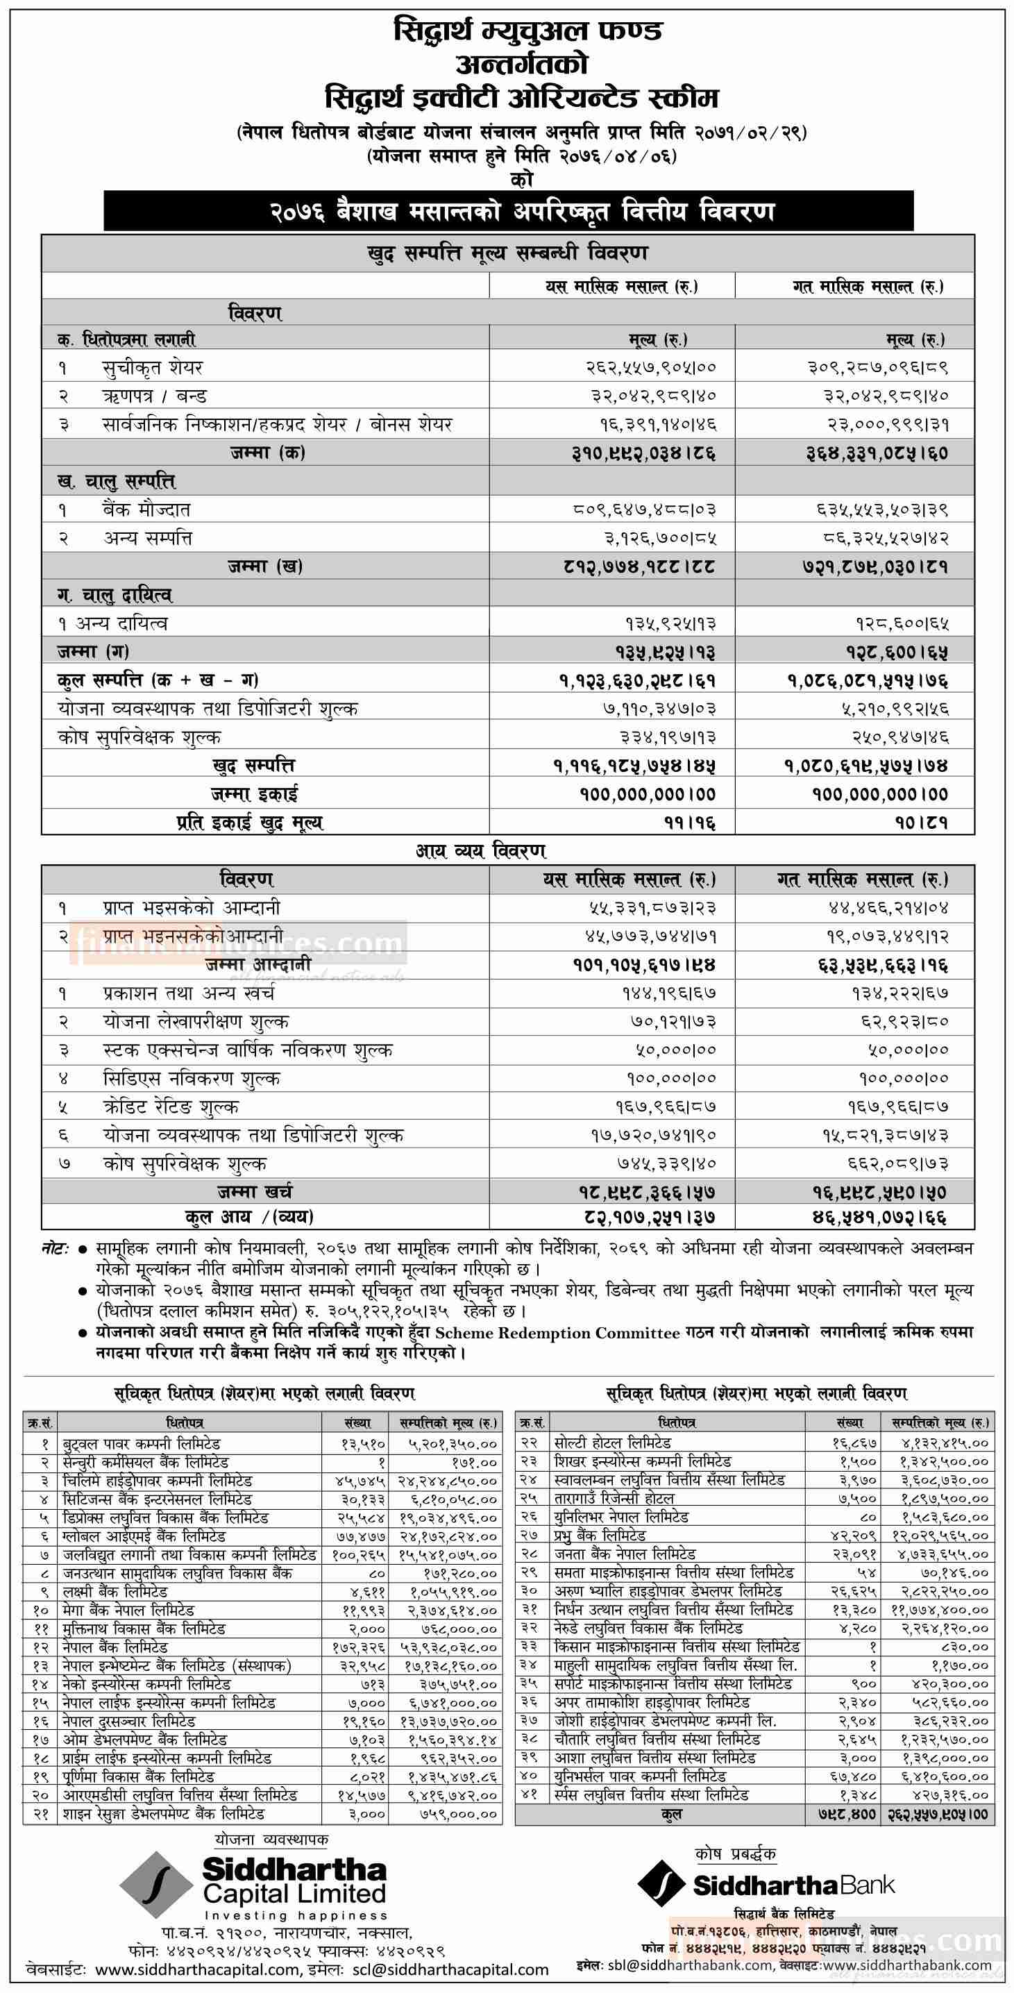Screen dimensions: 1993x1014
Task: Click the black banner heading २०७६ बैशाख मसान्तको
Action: pos(508,211)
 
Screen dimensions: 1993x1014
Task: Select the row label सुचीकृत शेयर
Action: pos(153,367)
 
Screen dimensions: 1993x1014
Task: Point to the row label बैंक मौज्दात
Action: pos(146,510)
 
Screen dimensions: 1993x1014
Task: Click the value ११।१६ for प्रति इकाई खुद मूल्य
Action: pos(690,823)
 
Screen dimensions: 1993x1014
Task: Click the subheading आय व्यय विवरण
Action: pos(480,851)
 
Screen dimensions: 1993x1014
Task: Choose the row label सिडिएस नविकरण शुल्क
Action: pos(191,1079)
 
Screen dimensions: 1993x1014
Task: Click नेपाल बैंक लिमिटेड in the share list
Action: pos(115,1647)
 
